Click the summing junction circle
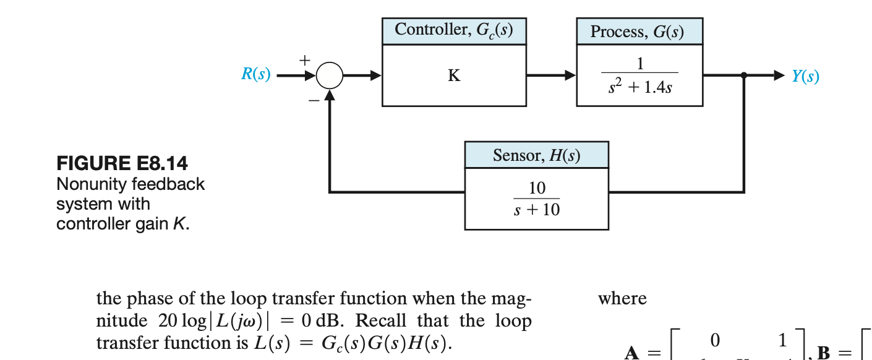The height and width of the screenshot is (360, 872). point(330,76)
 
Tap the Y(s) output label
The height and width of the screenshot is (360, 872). point(805,76)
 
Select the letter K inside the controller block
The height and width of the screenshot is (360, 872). point(454,76)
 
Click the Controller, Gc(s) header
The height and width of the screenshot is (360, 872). point(454,30)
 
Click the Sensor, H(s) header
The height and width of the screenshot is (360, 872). point(536,155)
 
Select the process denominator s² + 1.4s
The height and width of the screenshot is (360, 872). point(640,88)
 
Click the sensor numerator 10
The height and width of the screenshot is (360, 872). point(536,188)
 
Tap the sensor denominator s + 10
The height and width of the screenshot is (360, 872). point(536,210)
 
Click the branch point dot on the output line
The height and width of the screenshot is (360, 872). point(744,75)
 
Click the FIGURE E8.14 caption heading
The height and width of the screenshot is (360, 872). point(122,164)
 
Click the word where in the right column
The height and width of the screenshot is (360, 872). point(622,299)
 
